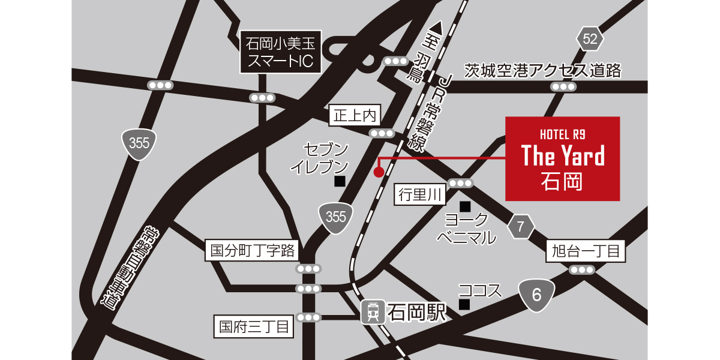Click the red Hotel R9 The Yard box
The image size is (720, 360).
tap(562, 158)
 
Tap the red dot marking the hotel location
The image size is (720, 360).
tap(379, 172)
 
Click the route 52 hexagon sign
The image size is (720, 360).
tap(590, 40)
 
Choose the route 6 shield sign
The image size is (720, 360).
tap(536, 295)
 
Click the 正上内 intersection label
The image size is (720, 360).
tap(355, 115)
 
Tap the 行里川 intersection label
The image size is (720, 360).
tap(420, 195)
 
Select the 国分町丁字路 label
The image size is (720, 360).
tap(251, 250)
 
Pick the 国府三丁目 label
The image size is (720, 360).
tap(254, 327)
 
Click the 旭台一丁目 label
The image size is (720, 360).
tap(586, 251)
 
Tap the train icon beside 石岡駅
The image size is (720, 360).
tap(372, 312)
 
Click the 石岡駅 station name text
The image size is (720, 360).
tap(417, 312)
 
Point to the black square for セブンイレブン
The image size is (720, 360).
tap(340, 181)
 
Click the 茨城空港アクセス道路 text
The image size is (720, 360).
tap(543, 71)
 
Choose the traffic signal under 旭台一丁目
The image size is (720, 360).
tap(581, 270)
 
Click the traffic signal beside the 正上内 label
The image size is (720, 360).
tap(382, 133)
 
